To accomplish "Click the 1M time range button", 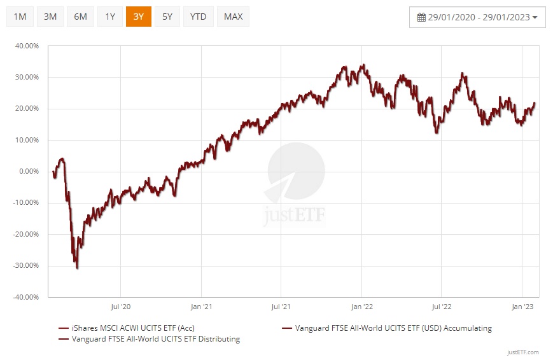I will point(20,17).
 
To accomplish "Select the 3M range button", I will point(50,17).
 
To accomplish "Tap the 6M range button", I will point(80,17).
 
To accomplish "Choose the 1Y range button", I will point(110,17).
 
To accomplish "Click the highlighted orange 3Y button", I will point(138,17).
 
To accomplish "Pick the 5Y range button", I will point(167,17).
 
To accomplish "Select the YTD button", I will point(198,17).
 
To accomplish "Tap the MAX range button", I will point(233,17).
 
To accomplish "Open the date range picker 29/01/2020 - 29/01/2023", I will point(477,17).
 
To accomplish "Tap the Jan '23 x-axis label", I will point(522,307).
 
